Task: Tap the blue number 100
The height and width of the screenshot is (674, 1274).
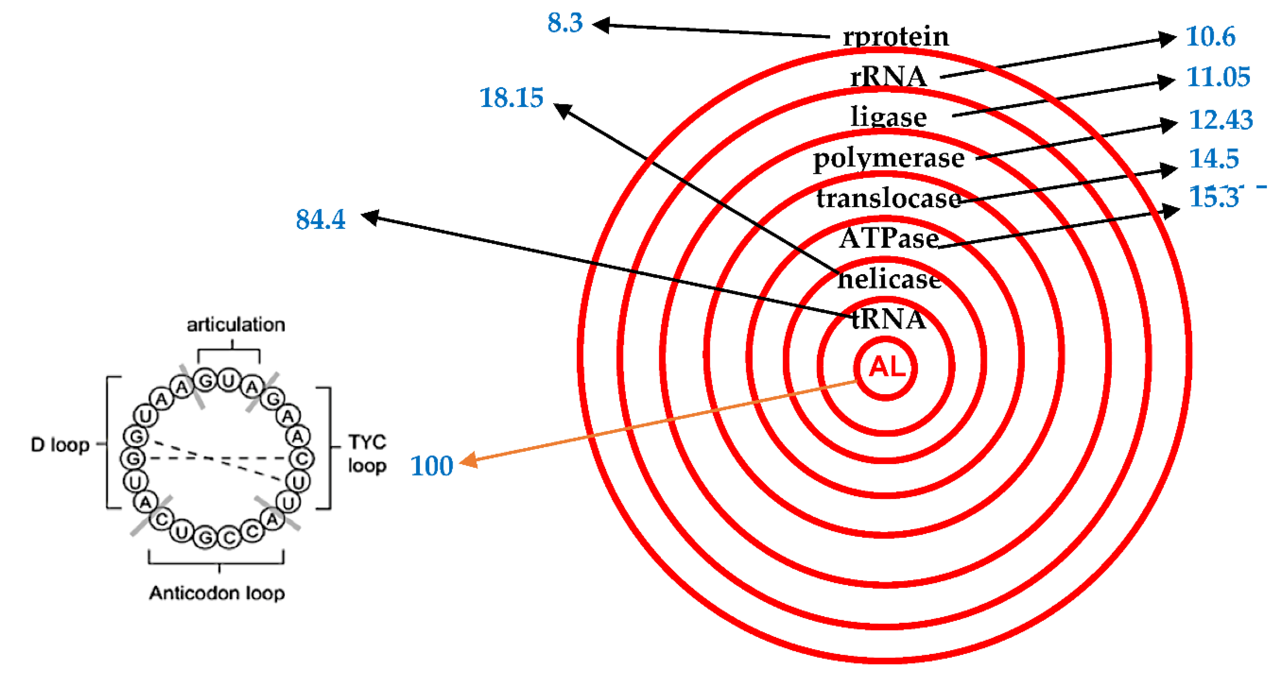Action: [x=432, y=466]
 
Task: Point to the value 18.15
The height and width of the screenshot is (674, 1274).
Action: [x=512, y=97]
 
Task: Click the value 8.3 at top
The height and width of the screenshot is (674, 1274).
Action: [x=565, y=23]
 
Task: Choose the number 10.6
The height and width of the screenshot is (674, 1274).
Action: [x=1210, y=37]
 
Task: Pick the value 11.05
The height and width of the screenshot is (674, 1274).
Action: [x=1218, y=77]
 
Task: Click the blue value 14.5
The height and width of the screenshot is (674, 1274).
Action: [x=1214, y=159]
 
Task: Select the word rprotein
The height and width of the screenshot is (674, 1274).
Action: [x=896, y=37]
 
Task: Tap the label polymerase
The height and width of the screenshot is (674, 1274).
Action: [x=889, y=159]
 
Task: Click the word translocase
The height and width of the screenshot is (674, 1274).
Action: [x=889, y=199]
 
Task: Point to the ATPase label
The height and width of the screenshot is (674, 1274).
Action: [x=889, y=239]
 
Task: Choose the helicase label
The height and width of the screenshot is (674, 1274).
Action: [x=889, y=279]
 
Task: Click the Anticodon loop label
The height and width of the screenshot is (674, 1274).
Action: [x=217, y=593]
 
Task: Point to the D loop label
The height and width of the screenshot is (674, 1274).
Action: [x=60, y=445]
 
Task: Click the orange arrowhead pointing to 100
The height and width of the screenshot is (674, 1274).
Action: [x=468, y=461]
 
